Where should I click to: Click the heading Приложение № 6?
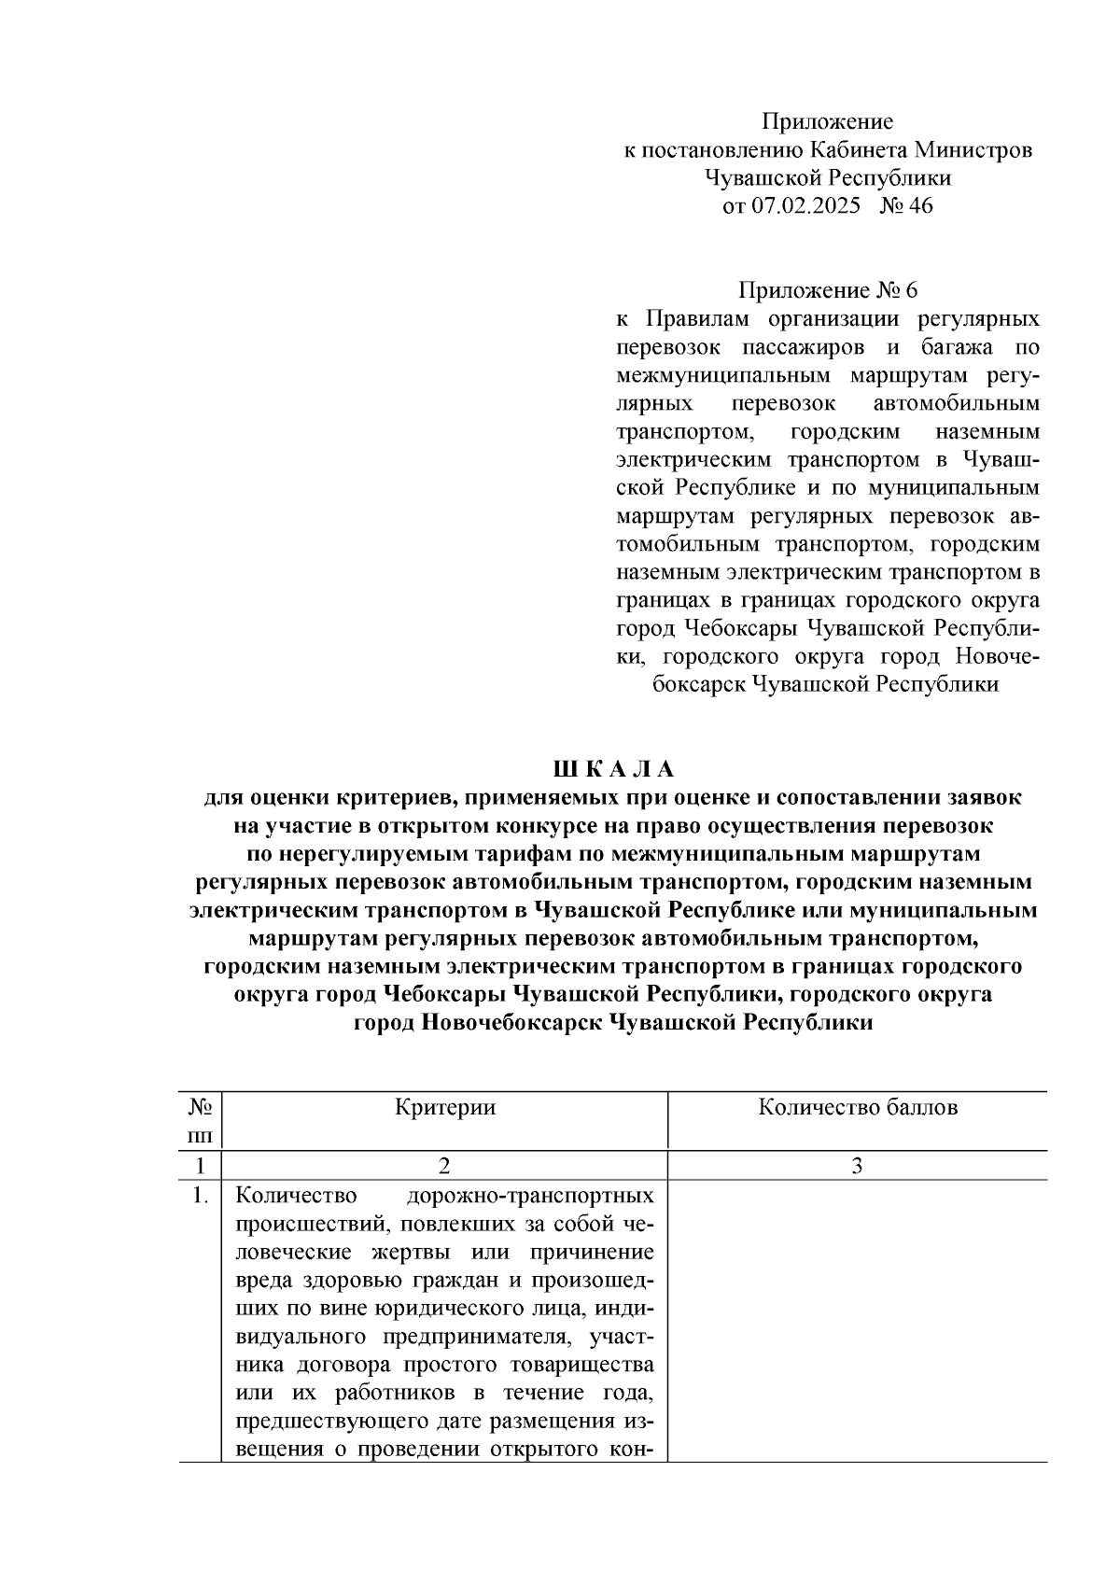(x=827, y=291)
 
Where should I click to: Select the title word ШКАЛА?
(x=613, y=769)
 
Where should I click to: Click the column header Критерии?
(x=444, y=1108)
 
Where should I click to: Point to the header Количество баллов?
(x=857, y=1108)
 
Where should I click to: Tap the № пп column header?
(x=200, y=1121)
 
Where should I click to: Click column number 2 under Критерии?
(x=444, y=1166)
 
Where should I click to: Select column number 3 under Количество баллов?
(x=857, y=1166)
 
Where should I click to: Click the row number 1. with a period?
(x=200, y=1196)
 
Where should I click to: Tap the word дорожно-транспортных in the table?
(x=530, y=1196)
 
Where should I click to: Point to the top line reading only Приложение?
(x=827, y=122)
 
